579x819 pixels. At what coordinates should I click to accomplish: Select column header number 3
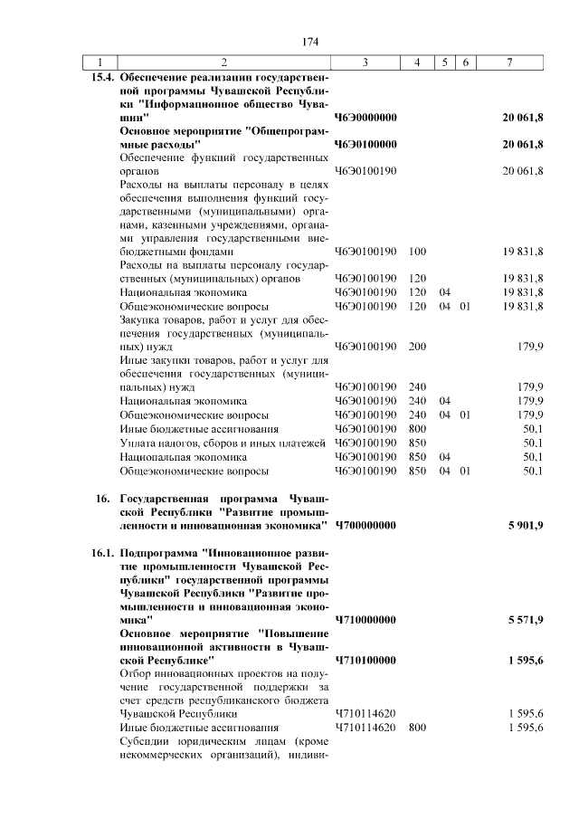tap(364, 62)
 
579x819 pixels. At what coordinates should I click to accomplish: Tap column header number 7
tap(510, 62)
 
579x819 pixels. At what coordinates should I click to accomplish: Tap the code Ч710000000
tap(366, 620)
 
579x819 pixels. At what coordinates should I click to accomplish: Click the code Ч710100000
tap(366, 661)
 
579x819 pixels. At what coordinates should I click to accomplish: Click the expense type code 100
tap(418, 252)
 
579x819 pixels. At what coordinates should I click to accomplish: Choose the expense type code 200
tap(418, 347)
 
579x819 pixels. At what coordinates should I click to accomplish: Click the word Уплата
tap(139, 443)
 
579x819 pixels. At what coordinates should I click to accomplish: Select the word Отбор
tap(137, 674)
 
